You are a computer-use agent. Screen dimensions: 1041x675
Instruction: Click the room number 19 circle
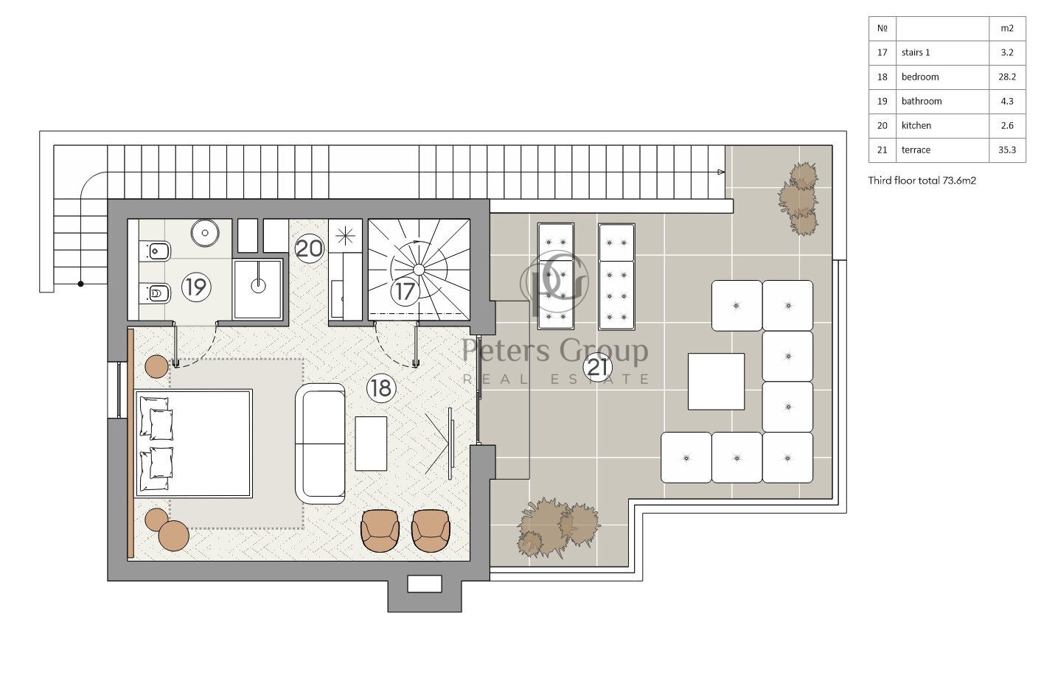click(197, 287)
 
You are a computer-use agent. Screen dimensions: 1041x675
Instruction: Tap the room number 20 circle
click(309, 248)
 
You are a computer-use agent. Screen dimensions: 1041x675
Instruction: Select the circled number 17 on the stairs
click(405, 292)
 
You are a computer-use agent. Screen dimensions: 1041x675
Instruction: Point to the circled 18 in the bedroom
click(381, 388)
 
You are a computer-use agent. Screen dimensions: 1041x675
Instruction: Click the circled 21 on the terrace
click(598, 368)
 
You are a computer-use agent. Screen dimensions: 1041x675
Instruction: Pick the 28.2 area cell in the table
click(1007, 77)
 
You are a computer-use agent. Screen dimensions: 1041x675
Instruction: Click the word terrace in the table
click(916, 150)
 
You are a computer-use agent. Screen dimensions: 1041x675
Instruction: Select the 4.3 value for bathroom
click(1007, 101)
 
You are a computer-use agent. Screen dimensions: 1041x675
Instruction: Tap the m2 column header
click(1007, 28)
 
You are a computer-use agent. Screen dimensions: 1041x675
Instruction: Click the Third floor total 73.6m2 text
click(922, 181)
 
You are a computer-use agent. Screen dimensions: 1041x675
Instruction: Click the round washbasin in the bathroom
click(205, 233)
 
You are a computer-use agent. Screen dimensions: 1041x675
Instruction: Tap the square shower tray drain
click(258, 284)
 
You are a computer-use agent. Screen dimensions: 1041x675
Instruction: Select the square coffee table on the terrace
click(716, 382)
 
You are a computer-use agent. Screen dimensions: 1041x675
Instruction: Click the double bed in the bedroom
click(194, 444)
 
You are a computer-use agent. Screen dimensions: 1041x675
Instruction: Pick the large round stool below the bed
click(174, 536)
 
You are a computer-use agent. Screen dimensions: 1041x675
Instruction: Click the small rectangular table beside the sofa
click(371, 444)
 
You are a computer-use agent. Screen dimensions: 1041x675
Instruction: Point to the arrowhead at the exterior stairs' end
click(721, 172)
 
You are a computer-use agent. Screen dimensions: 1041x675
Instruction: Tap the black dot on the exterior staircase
click(80, 284)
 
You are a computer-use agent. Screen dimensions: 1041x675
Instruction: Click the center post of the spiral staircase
click(418, 270)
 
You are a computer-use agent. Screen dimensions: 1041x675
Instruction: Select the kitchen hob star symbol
click(345, 236)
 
